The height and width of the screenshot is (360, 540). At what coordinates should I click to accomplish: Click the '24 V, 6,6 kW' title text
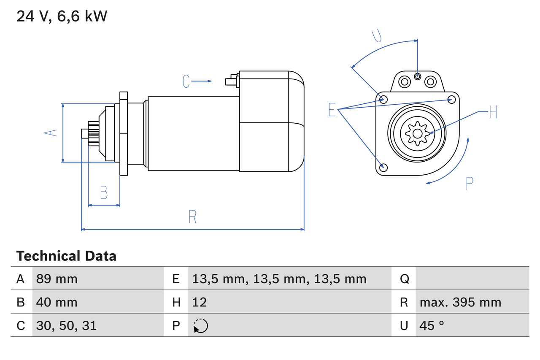click(62, 16)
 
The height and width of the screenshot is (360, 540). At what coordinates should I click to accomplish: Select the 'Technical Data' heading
click(66, 256)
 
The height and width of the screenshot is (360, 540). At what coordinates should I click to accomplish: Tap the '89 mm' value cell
click(57, 279)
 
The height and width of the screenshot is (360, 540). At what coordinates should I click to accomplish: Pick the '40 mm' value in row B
click(57, 302)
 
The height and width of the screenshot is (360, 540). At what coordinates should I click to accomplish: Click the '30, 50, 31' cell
click(66, 325)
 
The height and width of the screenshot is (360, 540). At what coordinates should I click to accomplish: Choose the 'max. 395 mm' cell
click(460, 302)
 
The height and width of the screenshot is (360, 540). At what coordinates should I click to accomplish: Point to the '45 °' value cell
click(432, 325)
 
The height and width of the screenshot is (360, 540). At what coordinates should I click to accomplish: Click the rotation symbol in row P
click(200, 326)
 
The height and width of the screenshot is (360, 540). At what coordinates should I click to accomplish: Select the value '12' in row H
click(199, 302)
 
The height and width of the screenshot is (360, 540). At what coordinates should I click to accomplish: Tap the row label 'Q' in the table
click(404, 279)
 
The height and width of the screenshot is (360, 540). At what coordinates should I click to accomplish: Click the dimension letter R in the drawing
click(192, 217)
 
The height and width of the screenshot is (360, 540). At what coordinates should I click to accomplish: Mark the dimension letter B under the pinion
click(104, 192)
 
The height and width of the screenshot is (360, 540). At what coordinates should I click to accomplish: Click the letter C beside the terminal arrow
click(186, 81)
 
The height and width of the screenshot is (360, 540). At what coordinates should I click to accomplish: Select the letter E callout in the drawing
click(332, 110)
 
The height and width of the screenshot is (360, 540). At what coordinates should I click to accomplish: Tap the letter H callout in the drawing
click(493, 112)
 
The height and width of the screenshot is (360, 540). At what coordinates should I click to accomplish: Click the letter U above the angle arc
click(377, 36)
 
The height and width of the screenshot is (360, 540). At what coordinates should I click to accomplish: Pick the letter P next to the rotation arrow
click(470, 183)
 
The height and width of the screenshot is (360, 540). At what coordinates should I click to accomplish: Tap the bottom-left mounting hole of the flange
click(383, 167)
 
